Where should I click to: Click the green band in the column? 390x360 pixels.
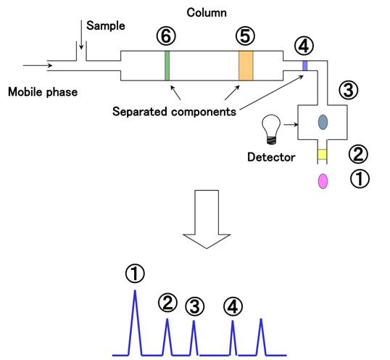tap(167, 65)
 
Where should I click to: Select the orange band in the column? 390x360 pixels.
tap(246, 65)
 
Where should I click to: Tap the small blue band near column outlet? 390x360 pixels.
tap(305, 65)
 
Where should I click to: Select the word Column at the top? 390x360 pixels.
tap(206, 12)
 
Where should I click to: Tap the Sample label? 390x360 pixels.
tap(106, 25)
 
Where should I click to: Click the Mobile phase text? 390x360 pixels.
tap(41, 92)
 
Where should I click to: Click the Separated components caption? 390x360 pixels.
tap(175, 112)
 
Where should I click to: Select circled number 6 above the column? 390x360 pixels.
tap(167, 36)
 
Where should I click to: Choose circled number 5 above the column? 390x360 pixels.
tap(246, 36)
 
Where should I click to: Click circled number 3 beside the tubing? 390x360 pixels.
tap(349, 90)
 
